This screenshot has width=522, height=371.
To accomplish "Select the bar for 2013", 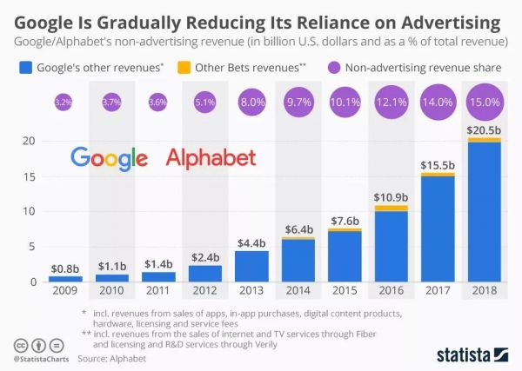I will (x=252, y=266).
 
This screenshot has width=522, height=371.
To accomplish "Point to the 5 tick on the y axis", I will (x=31, y=247).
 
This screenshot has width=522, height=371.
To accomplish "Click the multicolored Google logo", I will (x=110, y=157).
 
